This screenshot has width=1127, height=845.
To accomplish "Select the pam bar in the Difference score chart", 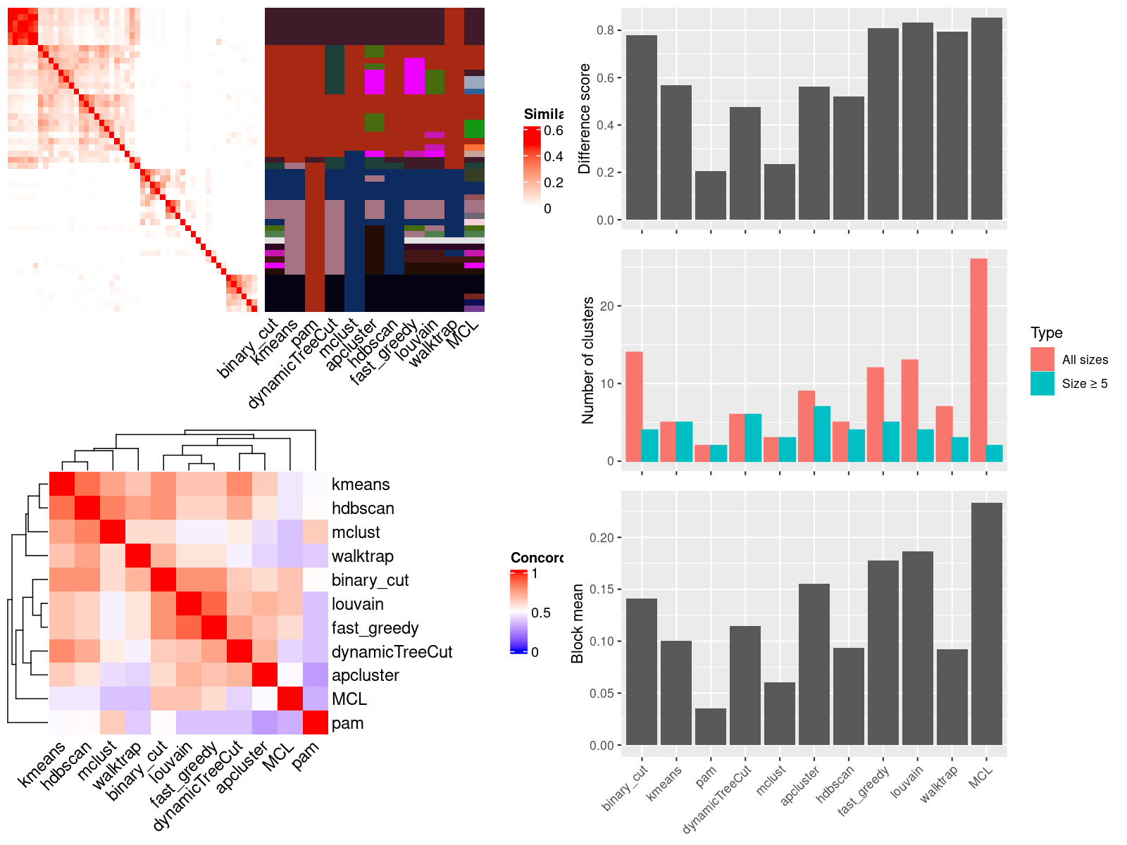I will tap(710, 195).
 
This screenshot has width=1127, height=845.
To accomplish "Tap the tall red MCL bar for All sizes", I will tap(978, 360).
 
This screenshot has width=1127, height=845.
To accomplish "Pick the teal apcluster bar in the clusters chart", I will tap(822, 434).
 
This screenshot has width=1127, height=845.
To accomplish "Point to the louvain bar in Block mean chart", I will tap(917, 648).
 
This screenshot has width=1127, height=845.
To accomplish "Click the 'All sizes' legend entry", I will tap(1085, 360).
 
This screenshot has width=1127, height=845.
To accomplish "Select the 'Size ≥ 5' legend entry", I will tap(1085, 384).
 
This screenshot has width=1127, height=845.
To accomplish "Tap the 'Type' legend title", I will tap(1046, 333).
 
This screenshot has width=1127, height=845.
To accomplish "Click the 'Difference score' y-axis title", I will tap(584, 118).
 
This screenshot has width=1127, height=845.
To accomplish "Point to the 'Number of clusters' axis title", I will tap(587, 360).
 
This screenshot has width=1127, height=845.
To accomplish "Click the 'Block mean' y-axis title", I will tap(578, 623).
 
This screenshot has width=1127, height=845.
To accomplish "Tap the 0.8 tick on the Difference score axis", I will tap(605, 30).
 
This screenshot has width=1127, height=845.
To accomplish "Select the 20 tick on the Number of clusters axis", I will tap(606, 306).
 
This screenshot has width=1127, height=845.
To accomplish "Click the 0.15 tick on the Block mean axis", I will tap(601, 589).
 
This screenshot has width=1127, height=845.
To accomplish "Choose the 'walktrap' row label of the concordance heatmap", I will tap(362, 556).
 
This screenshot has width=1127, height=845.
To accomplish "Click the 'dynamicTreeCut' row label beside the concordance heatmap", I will tap(392, 652).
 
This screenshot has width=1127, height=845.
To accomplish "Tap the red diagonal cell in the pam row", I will tap(316, 723).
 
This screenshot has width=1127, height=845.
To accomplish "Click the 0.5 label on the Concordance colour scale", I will tap(540, 613).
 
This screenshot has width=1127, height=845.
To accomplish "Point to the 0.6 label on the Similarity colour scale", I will tap(554, 130).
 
